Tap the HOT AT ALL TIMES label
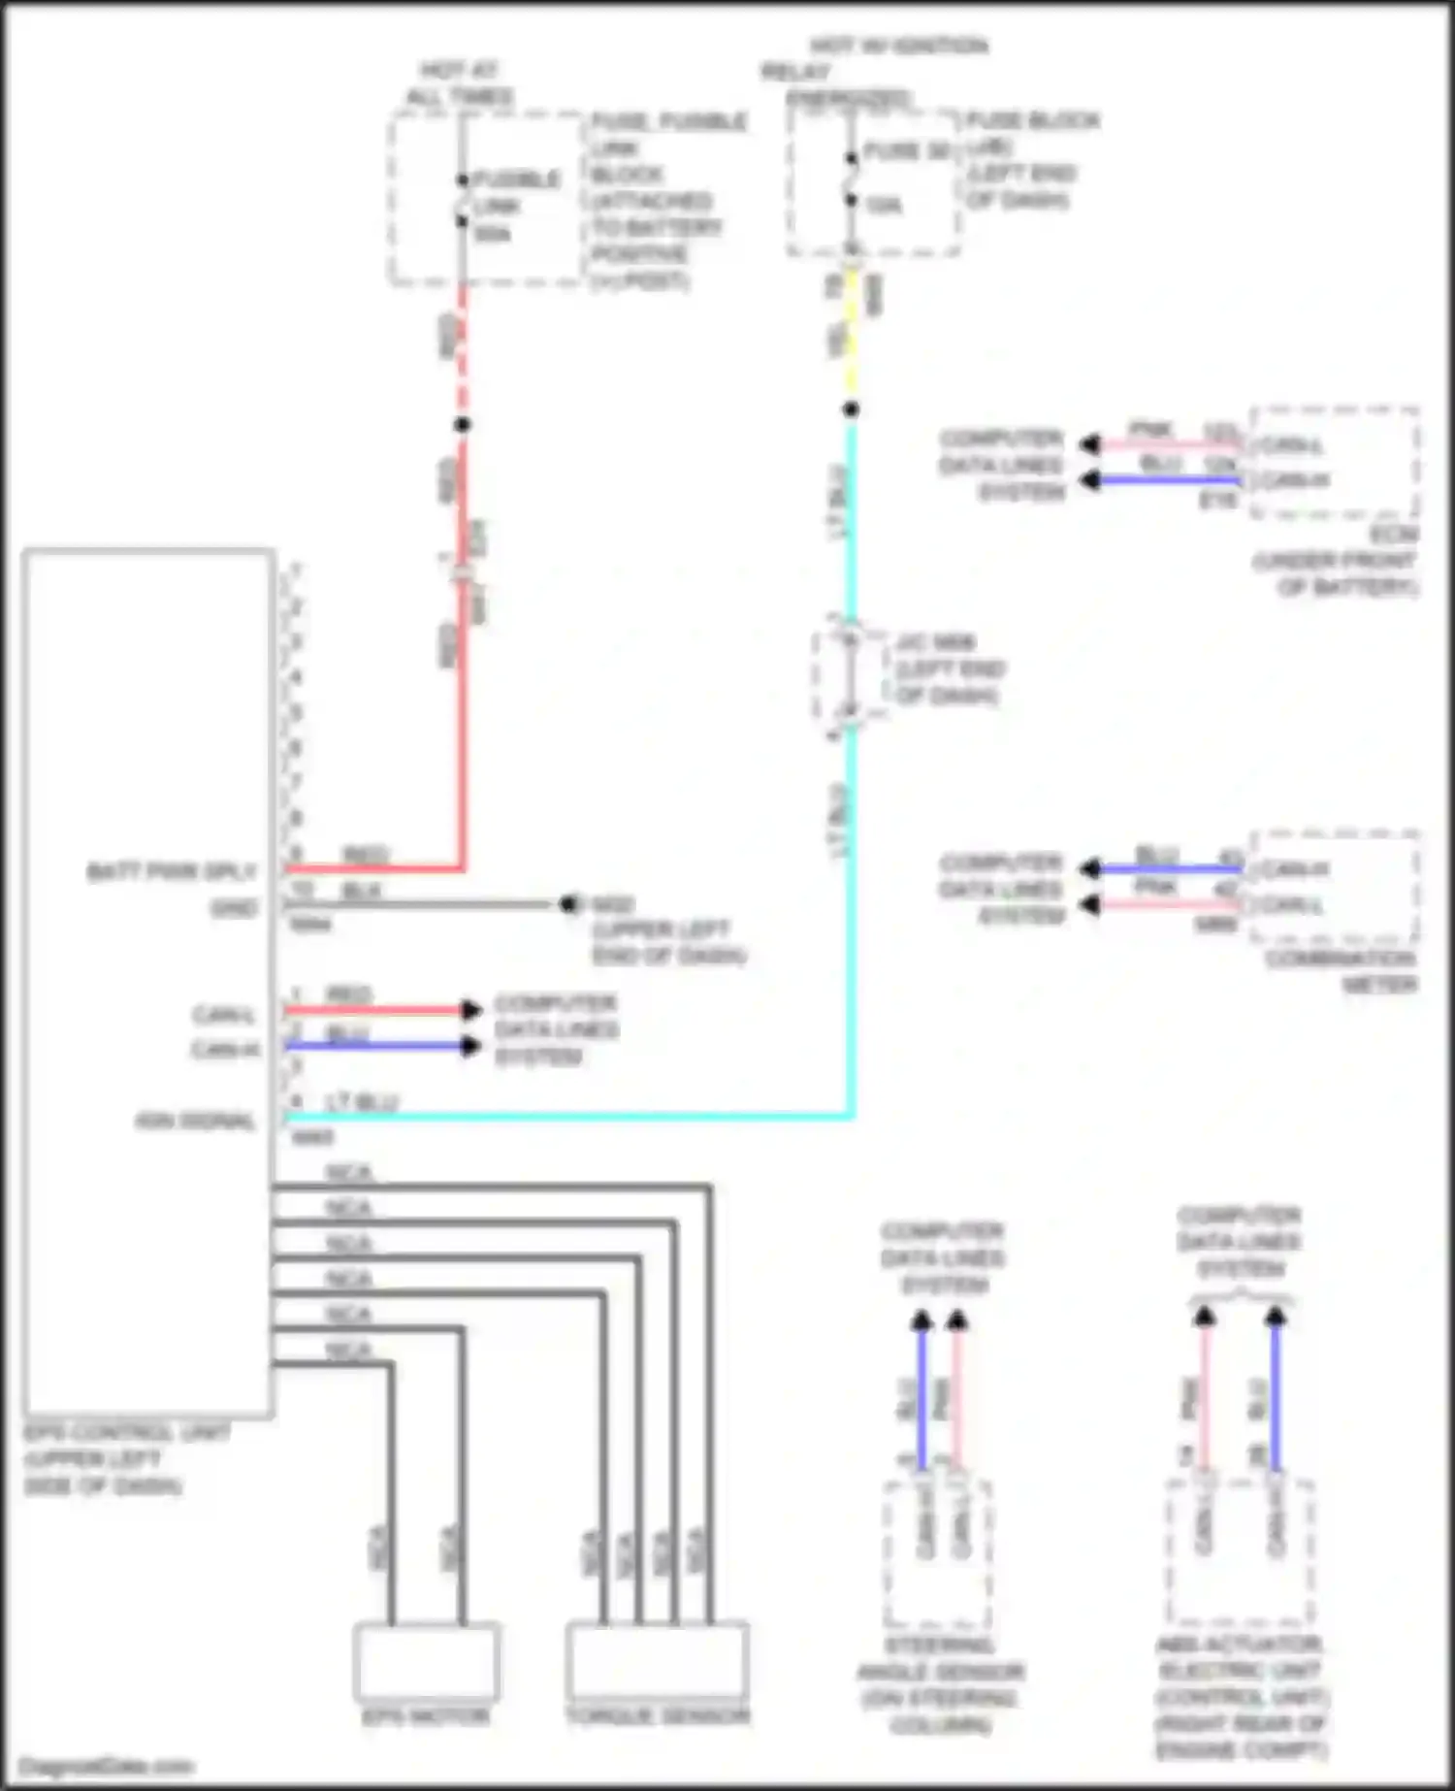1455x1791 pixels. tap(460, 83)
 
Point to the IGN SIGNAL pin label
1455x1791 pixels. tap(195, 1122)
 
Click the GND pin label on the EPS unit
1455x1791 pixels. tap(234, 909)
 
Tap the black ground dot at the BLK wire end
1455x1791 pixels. tap(567, 905)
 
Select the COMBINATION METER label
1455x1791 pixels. tap(1341, 971)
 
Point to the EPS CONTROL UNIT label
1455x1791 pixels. tap(127, 1433)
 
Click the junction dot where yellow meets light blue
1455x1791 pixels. tap(851, 409)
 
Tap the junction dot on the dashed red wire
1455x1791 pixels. tap(463, 424)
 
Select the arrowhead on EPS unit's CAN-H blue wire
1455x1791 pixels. tap(471, 1046)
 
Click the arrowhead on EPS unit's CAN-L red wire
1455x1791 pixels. tap(471, 1010)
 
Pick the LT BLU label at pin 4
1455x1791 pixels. tap(361, 1103)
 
